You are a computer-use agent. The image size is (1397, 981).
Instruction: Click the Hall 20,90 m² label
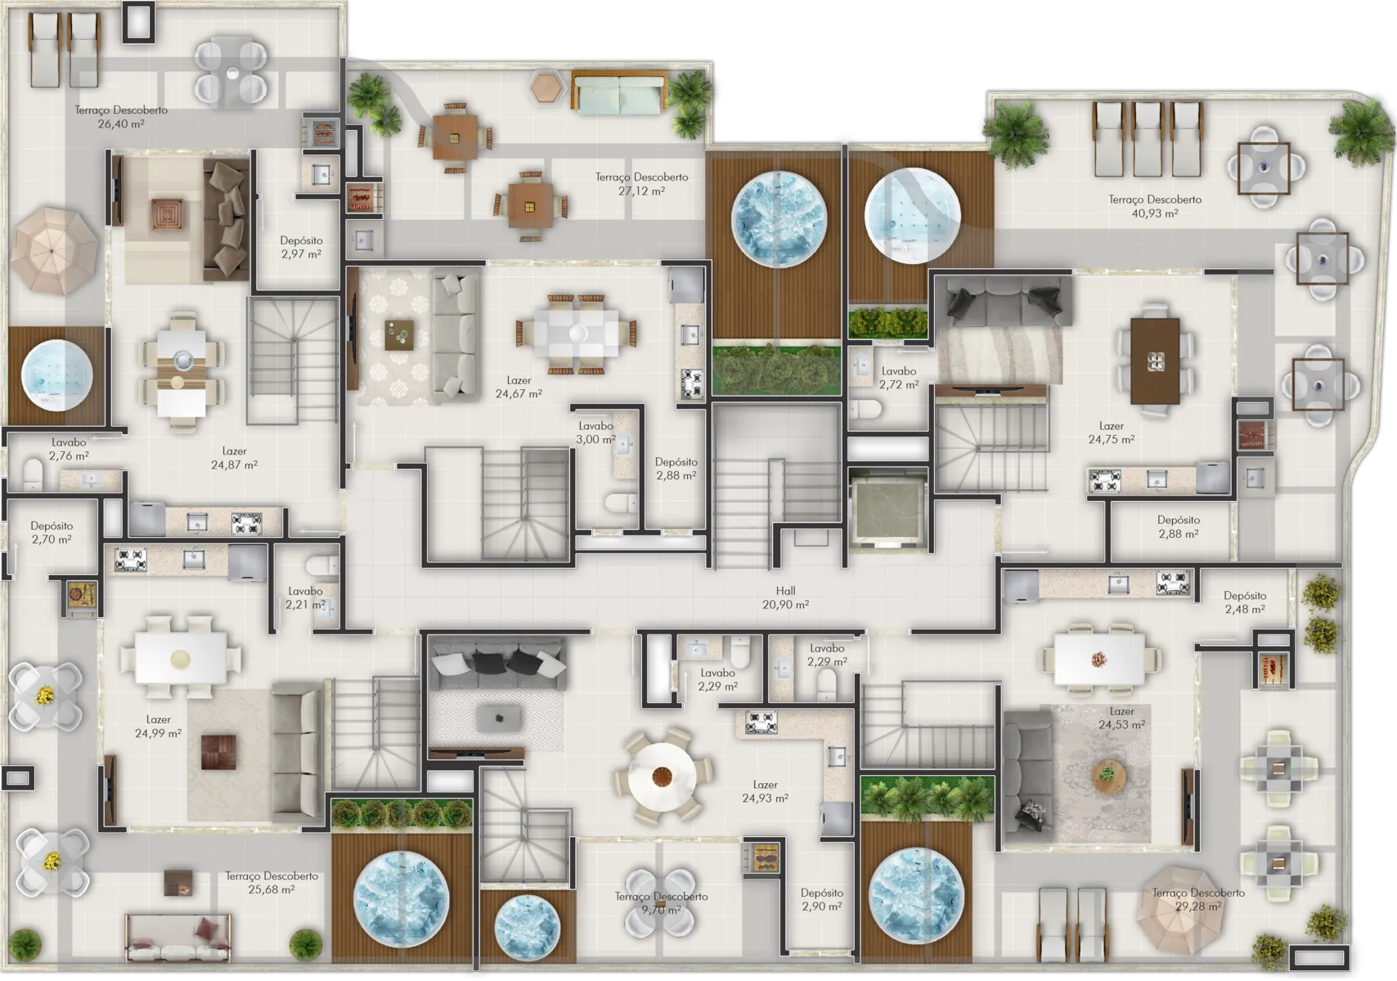pos(785,598)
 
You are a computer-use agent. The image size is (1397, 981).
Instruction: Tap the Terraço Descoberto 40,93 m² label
pos(1154,206)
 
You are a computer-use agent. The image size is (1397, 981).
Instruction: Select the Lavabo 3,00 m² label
pos(595,432)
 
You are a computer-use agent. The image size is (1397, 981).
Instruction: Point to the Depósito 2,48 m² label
pos(1245,602)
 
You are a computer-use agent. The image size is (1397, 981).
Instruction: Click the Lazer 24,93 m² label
pos(765,791)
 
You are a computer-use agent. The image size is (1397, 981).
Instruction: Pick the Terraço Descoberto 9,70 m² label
pos(661,903)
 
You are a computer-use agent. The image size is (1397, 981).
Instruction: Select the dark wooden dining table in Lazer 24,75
pos(1155,361)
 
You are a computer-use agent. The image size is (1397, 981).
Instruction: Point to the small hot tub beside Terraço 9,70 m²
pos(528,931)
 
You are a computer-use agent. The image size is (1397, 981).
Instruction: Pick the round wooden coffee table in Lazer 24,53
pos(1108,772)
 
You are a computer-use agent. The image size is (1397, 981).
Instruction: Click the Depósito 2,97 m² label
pos(301,247)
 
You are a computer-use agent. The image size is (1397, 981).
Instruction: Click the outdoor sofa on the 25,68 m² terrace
pos(178,938)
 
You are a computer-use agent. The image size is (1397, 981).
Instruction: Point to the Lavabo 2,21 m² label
pos(305,598)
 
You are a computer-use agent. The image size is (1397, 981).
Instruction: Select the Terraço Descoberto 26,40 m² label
pos(121,117)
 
